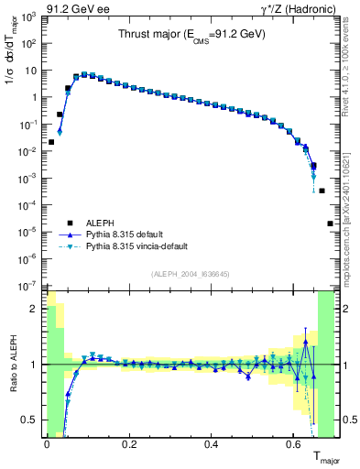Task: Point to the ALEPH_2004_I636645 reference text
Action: pyautogui.click(x=190, y=275)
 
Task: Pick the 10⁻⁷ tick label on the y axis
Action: pyautogui.click(x=29, y=286)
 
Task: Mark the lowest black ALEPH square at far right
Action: pyautogui.click(x=330, y=223)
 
